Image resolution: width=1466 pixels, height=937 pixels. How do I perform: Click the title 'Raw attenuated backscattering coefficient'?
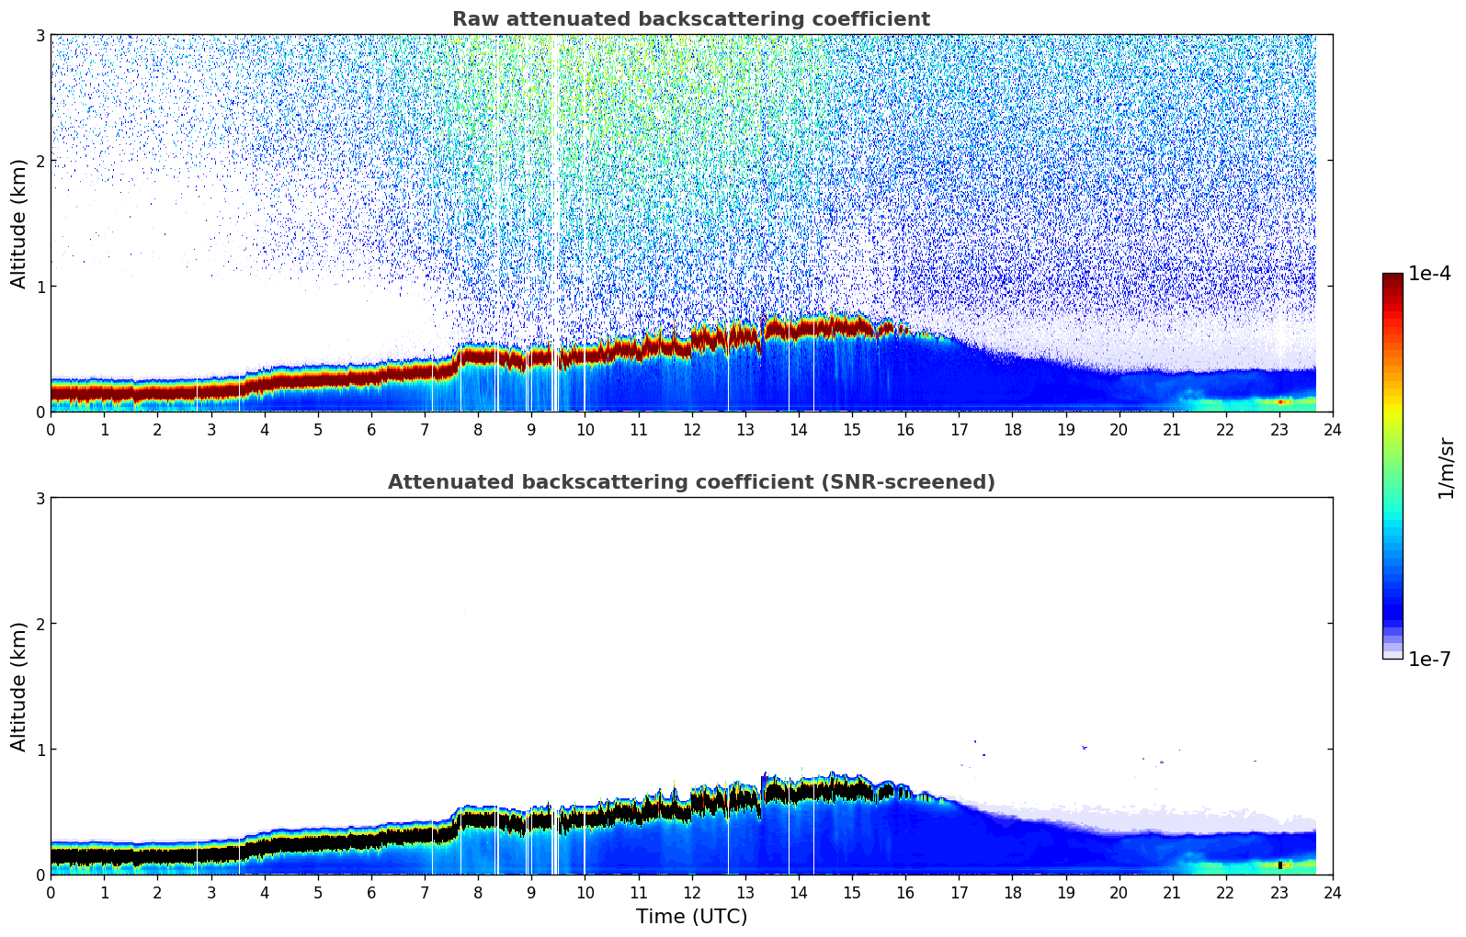pyautogui.click(x=691, y=19)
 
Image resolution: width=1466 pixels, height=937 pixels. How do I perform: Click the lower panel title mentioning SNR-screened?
pyautogui.click(x=691, y=482)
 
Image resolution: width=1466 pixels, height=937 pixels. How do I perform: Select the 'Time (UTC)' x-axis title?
pyautogui.click(x=691, y=917)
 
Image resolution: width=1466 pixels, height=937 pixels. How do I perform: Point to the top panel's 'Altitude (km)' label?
pyautogui.click(x=19, y=223)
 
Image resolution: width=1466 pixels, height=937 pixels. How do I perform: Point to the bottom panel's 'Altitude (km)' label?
pyautogui.click(x=19, y=686)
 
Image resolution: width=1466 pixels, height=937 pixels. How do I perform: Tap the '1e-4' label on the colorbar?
pyautogui.click(x=1429, y=274)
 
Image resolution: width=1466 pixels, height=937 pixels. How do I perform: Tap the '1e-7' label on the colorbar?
pyautogui.click(x=1429, y=659)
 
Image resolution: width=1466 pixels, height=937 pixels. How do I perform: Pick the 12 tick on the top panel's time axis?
pyautogui.click(x=691, y=429)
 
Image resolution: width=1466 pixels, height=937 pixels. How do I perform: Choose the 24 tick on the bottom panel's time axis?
pyautogui.click(x=1333, y=892)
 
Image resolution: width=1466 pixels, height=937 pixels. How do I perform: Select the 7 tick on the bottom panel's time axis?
pyautogui.click(x=425, y=892)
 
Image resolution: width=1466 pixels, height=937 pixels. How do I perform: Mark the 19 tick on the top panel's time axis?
pyautogui.click(x=1065, y=429)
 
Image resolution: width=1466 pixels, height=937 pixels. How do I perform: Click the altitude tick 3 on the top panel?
pyautogui.click(x=40, y=35)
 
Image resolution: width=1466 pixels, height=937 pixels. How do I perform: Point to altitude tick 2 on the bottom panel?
pyautogui.click(x=40, y=624)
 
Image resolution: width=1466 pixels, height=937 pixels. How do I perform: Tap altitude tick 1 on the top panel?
pyautogui.click(x=40, y=287)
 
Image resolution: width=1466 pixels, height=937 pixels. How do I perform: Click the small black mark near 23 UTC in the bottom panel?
pyautogui.click(x=1279, y=864)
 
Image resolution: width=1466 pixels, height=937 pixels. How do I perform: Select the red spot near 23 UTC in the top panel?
pyautogui.click(x=1280, y=401)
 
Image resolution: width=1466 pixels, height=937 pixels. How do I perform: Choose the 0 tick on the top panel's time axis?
pyautogui.click(x=51, y=429)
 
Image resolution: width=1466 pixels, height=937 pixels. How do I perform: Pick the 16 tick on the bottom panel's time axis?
pyautogui.click(x=905, y=892)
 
